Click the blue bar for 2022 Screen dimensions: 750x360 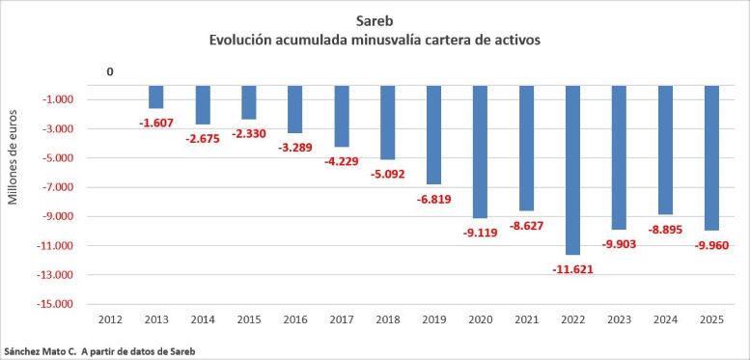tap(572, 170)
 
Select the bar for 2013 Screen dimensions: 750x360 tap(156, 97)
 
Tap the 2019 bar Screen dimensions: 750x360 tap(433, 135)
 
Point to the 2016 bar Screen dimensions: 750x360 tap(294, 109)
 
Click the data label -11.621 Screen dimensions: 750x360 tap(572, 269)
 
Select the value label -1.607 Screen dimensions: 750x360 tap(156, 123)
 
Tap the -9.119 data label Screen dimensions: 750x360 tap(481, 233)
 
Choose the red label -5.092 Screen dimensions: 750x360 tap(387, 174)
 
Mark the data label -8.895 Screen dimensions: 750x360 tap(665, 230)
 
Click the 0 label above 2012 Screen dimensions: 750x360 tap(110, 72)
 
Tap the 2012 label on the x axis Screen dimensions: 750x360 tap(110, 319)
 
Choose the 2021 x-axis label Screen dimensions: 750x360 tap(527, 319)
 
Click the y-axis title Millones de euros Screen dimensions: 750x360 tap(14, 157)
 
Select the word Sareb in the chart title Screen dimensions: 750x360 tap(375, 21)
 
